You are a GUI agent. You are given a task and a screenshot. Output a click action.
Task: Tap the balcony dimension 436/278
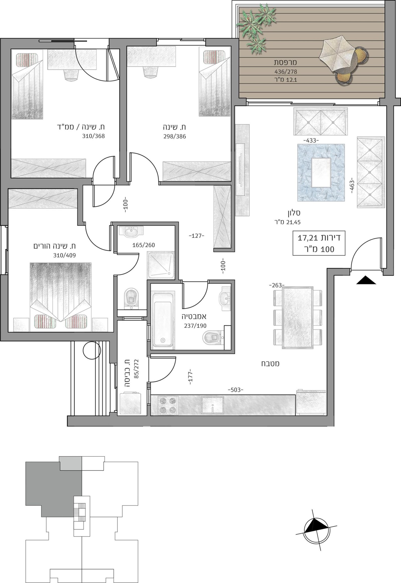pyautogui.click(x=286, y=72)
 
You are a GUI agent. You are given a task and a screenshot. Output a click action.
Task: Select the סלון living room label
pyautogui.click(x=294, y=213)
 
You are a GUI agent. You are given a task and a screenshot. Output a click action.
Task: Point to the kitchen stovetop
pyautogui.click(x=167, y=405)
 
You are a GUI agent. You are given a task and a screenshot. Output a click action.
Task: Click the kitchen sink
pyautogui.click(x=212, y=405)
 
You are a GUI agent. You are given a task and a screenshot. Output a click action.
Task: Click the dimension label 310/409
pyautogui.click(x=64, y=256)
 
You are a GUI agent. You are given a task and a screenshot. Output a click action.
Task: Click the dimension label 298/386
pyautogui.click(x=174, y=136)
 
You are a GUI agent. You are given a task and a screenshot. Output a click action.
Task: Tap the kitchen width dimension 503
pyautogui.click(x=235, y=390)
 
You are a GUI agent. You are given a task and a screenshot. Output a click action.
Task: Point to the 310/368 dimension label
pyautogui.click(x=93, y=136)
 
